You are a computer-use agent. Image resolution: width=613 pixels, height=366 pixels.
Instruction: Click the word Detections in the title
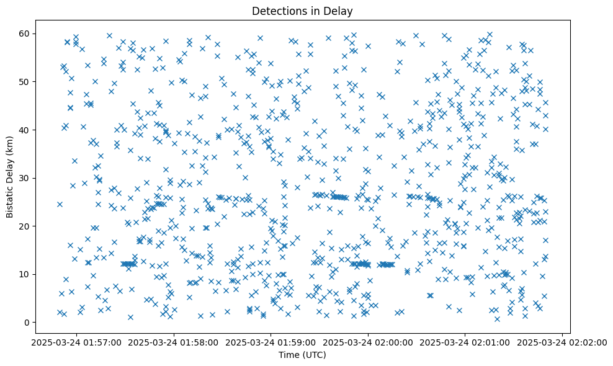[272, 11]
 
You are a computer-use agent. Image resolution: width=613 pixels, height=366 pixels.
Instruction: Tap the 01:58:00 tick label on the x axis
[174, 342]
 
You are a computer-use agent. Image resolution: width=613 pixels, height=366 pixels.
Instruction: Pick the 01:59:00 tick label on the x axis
[271, 342]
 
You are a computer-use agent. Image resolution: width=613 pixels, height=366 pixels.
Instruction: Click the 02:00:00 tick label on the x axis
[369, 342]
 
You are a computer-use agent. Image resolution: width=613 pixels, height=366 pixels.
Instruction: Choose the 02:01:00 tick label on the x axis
[466, 342]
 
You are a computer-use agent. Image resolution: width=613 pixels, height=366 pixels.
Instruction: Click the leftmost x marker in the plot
[60, 204]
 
